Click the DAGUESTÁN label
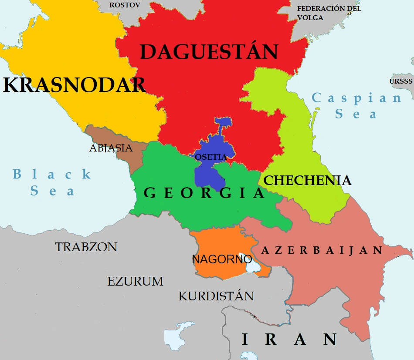[x=209, y=52]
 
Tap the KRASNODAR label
[x=74, y=85]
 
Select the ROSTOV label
[x=125, y=5]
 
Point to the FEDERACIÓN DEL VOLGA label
[x=329, y=13]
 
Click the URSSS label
[x=400, y=81]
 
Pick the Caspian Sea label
[x=356, y=106]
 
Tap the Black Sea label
[x=52, y=182]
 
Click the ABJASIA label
[x=111, y=148]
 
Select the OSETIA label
[x=211, y=157]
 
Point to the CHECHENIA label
[x=308, y=181]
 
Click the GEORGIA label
[x=204, y=193]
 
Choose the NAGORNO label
[x=222, y=259]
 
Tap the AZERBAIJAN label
[x=322, y=250]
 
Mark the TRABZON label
[x=86, y=247]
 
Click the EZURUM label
[x=135, y=281]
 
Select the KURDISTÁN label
[x=216, y=296]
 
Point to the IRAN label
[x=289, y=340]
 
